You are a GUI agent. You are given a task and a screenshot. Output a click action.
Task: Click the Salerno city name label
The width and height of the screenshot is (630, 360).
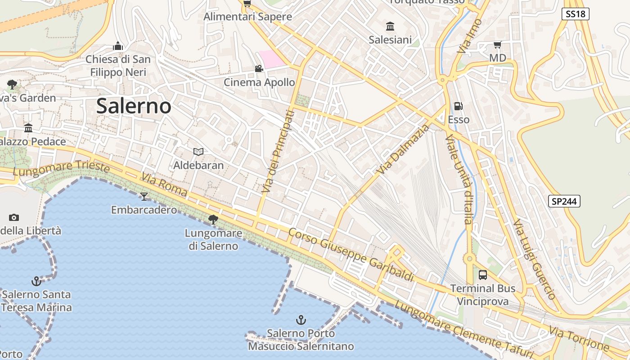(134, 106)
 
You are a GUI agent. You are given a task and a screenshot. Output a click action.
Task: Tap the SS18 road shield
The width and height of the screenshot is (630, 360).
(576, 14)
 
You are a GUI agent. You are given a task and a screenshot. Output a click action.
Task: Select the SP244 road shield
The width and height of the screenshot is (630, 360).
(564, 201)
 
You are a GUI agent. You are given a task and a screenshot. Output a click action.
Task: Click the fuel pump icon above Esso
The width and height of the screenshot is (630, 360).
(459, 106)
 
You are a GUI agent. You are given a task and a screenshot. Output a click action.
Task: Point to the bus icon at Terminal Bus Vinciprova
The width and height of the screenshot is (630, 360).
(483, 274)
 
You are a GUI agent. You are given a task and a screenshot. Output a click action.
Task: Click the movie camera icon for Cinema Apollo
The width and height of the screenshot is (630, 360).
(259, 68)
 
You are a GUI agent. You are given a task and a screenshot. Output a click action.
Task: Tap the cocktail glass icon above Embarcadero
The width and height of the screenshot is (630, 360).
(144, 196)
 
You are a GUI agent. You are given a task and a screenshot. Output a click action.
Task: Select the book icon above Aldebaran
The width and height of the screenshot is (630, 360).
(198, 152)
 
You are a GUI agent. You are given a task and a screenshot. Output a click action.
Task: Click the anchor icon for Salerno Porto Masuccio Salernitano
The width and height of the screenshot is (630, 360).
(301, 320)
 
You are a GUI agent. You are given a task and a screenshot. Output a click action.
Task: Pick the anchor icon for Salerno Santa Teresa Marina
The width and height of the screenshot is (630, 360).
(36, 281)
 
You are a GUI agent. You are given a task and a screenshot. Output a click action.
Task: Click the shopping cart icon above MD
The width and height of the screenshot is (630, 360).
(497, 44)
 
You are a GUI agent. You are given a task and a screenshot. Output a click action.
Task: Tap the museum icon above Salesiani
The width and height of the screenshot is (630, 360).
(390, 26)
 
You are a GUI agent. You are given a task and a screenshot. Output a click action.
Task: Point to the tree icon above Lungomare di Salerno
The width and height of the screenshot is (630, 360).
(213, 220)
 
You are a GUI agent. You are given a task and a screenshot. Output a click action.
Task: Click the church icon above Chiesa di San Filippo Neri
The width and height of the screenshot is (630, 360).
(118, 46)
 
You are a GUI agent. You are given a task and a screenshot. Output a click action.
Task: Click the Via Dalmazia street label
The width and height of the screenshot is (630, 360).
(404, 149)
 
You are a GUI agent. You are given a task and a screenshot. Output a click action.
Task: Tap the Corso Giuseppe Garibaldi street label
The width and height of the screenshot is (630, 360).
(351, 255)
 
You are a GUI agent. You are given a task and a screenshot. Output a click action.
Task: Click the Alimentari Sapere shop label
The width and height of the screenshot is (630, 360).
(247, 17)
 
